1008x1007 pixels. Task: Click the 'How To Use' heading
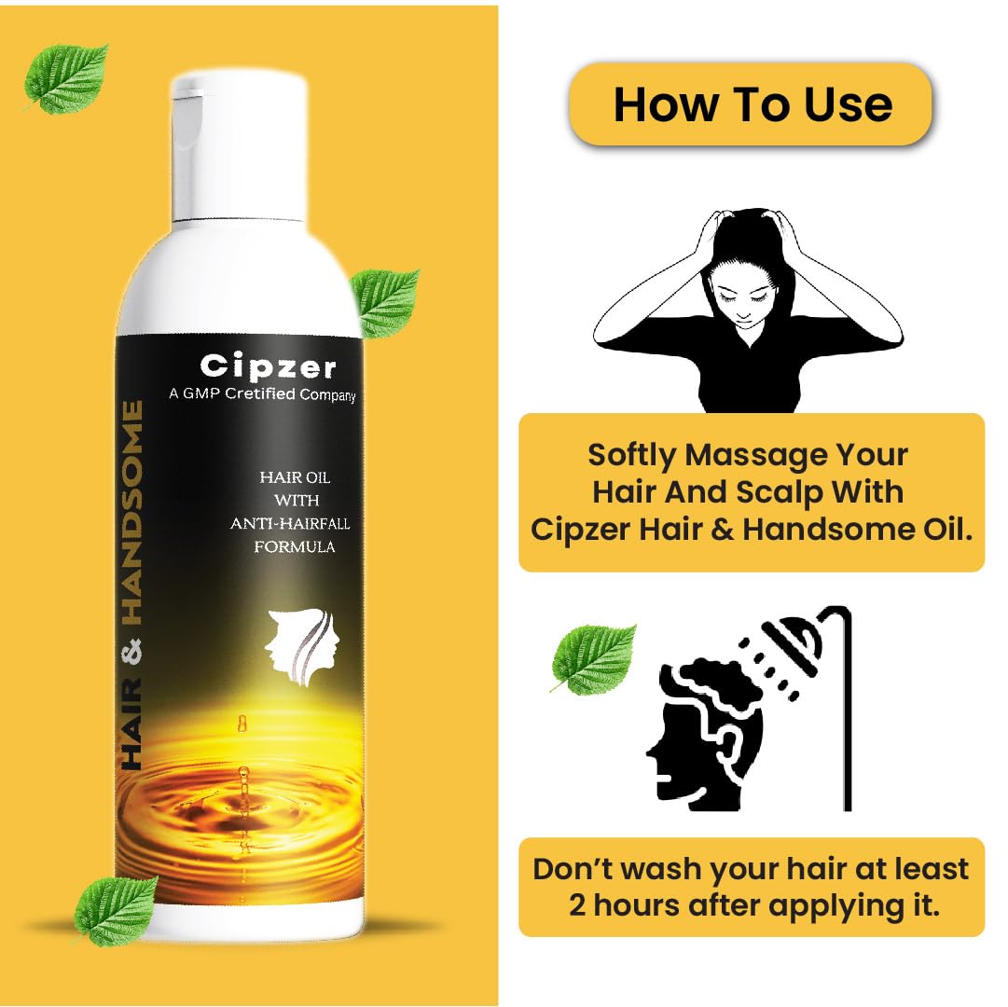pos(753,104)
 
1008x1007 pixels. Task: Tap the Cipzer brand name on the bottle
pos(268,367)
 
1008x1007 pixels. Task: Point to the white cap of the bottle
pos(239,149)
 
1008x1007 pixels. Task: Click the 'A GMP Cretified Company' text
pos(262,393)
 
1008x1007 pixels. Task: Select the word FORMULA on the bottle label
pos(295,547)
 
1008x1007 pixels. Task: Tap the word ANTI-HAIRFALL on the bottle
pos(291,524)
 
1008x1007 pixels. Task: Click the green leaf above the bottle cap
pos(66,77)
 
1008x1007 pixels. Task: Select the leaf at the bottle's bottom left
pos(116,910)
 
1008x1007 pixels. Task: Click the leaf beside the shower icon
pos(593,656)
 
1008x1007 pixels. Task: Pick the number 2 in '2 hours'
pos(577,906)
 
